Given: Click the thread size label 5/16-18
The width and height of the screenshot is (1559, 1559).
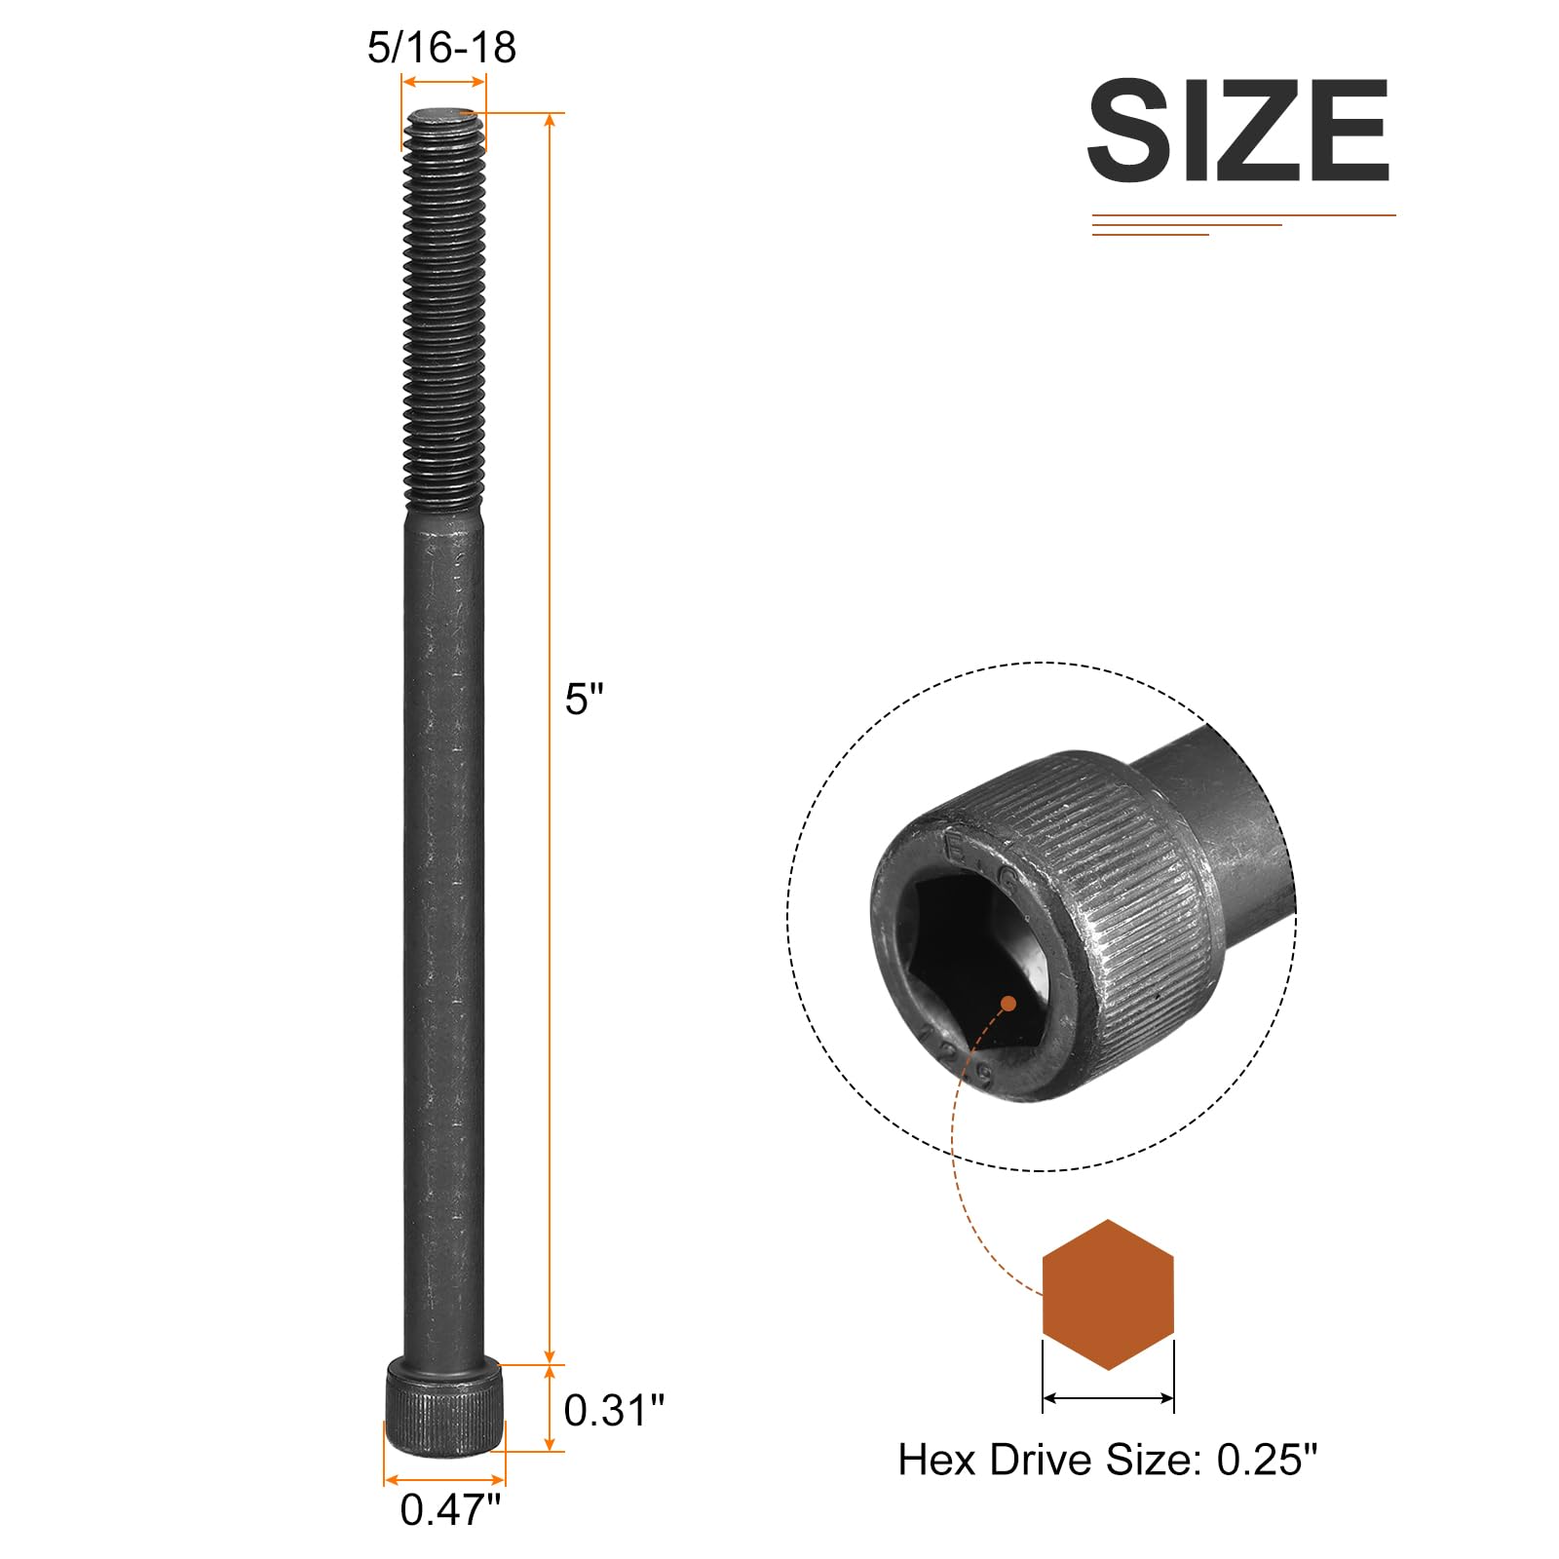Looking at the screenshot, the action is [441, 48].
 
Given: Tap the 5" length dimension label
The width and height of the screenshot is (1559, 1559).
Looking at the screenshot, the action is [584, 699].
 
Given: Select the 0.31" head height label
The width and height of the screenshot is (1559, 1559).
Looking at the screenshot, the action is [614, 1410].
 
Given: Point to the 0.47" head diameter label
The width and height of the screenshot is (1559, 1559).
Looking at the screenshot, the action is [450, 1509].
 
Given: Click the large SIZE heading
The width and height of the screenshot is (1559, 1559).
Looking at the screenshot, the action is [1238, 131].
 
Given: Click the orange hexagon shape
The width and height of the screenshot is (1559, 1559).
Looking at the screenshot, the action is [1108, 1295].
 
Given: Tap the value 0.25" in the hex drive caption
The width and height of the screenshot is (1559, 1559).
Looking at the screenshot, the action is [1267, 1460].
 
